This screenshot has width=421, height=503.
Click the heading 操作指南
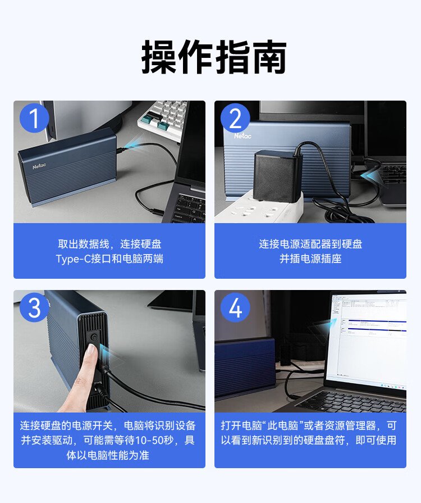(x=214, y=57)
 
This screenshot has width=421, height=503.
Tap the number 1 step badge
(x=34, y=118)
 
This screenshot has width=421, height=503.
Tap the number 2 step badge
(x=235, y=118)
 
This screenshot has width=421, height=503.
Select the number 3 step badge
(x=34, y=307)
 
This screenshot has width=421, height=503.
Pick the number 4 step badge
(x=235, y=307)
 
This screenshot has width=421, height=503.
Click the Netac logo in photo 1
(x=39, y=166)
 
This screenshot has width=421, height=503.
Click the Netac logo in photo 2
(x=242, y=135)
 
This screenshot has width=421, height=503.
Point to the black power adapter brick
(x=277, y=176)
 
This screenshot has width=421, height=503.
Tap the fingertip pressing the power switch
(x=91, y=351)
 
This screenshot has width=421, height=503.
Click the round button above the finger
(x=94, y=337)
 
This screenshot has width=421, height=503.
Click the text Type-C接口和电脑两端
(x=109, y=259)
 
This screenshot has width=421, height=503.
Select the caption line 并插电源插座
(x=310, y=259)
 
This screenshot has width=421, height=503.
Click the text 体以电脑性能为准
(x=108, y=455)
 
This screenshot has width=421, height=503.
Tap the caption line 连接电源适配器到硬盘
(x=310, y=244)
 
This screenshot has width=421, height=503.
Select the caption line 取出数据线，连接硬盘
(x=109, y=244)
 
